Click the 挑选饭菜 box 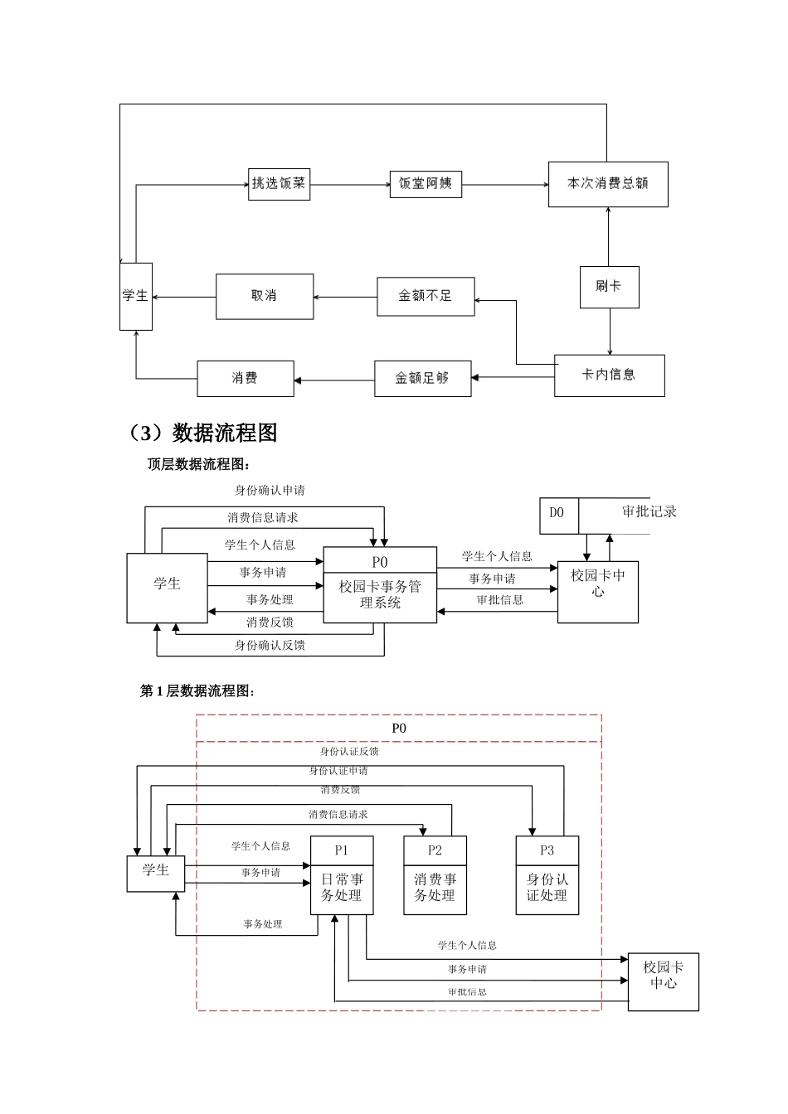(x=279, y=183)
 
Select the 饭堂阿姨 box (x=426, y=183)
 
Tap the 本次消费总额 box (x=607, y=184)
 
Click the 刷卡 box (x=609, y=286)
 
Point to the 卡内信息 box (x=609, y=375)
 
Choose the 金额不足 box (x=426, y=296)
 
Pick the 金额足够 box (x=423, y=379)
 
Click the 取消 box (x=265, y=296)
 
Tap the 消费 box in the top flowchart (x=245, y=379)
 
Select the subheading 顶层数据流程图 (x=198, y=464)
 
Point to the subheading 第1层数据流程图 (x=197, y=690)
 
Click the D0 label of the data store (x=557, y=513)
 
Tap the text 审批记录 (x=649, y=512)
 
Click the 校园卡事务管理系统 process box (x=380, y=594)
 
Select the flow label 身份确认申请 (x=270, y=491)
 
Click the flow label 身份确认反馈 (x=270, y=645)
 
